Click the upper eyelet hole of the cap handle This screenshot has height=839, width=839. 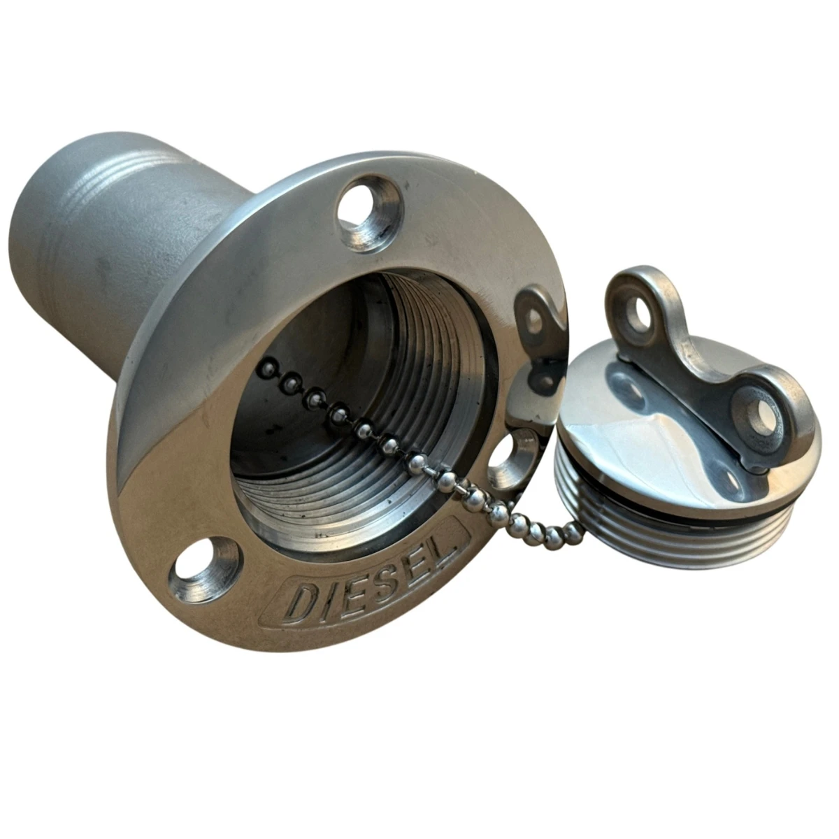click(x=640, y=312)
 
